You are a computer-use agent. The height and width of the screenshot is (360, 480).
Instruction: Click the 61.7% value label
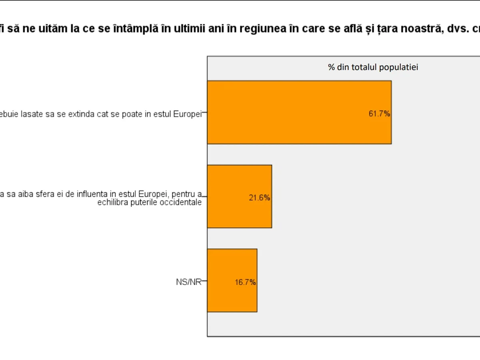pyautogui.click(x=379, y=114)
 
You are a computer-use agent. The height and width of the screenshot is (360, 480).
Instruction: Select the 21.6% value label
pyautogui.click(x=259, y=198)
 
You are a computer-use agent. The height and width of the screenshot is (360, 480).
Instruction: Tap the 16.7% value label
pyautogui.click(x=245, y=282)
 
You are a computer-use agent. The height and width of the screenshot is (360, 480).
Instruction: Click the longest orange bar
pyautogui.click(x=299, y=112)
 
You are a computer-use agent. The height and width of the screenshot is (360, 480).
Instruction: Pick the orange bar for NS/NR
pyautogui.click(x=232, y=280)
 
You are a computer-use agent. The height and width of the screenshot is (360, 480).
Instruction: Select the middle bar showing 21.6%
pyautogui.click(x=239, y=196)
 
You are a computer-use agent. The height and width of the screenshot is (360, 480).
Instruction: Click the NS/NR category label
pyautogui.click(x=188, y=282)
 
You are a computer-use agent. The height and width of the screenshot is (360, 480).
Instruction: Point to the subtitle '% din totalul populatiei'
pyautogui.click(x=373, y=67)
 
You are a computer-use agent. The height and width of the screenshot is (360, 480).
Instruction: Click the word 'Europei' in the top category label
pyautogui.click(x=187, y=114)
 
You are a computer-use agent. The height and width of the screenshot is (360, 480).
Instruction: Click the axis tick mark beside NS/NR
pyautogui.click(x=204, y=282)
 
